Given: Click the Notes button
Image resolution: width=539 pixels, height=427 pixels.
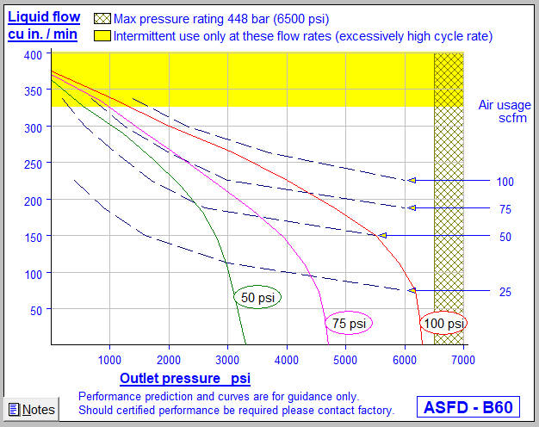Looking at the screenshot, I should point(31,410).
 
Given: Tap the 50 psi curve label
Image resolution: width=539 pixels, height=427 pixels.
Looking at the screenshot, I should point(258,297).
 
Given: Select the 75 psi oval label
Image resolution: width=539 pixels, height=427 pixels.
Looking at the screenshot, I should point(349,324).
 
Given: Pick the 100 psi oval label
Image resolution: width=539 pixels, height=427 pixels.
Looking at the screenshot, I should point(443,323).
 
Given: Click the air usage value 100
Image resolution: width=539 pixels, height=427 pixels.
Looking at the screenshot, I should point(505,182).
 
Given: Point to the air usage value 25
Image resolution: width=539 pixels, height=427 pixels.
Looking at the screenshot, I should point(505,292).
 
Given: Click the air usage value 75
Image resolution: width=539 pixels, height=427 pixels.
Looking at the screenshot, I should point(505,208).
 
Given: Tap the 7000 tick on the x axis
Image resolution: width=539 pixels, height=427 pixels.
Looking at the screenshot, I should point(463,358).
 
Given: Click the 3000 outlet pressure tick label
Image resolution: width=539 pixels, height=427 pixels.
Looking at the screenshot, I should point(227,358).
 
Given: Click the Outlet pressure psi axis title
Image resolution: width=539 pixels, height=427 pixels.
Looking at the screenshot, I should point(185,378).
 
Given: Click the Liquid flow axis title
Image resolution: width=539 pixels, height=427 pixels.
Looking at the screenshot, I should point(44,25).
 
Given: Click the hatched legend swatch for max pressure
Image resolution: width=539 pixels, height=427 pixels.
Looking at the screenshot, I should point(102,18).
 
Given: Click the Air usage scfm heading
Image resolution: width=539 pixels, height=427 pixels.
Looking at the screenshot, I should point(505,111).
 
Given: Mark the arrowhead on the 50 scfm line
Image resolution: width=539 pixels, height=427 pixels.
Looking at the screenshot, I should point(383,235).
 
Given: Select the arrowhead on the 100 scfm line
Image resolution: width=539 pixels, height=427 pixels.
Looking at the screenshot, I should point(412,181).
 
